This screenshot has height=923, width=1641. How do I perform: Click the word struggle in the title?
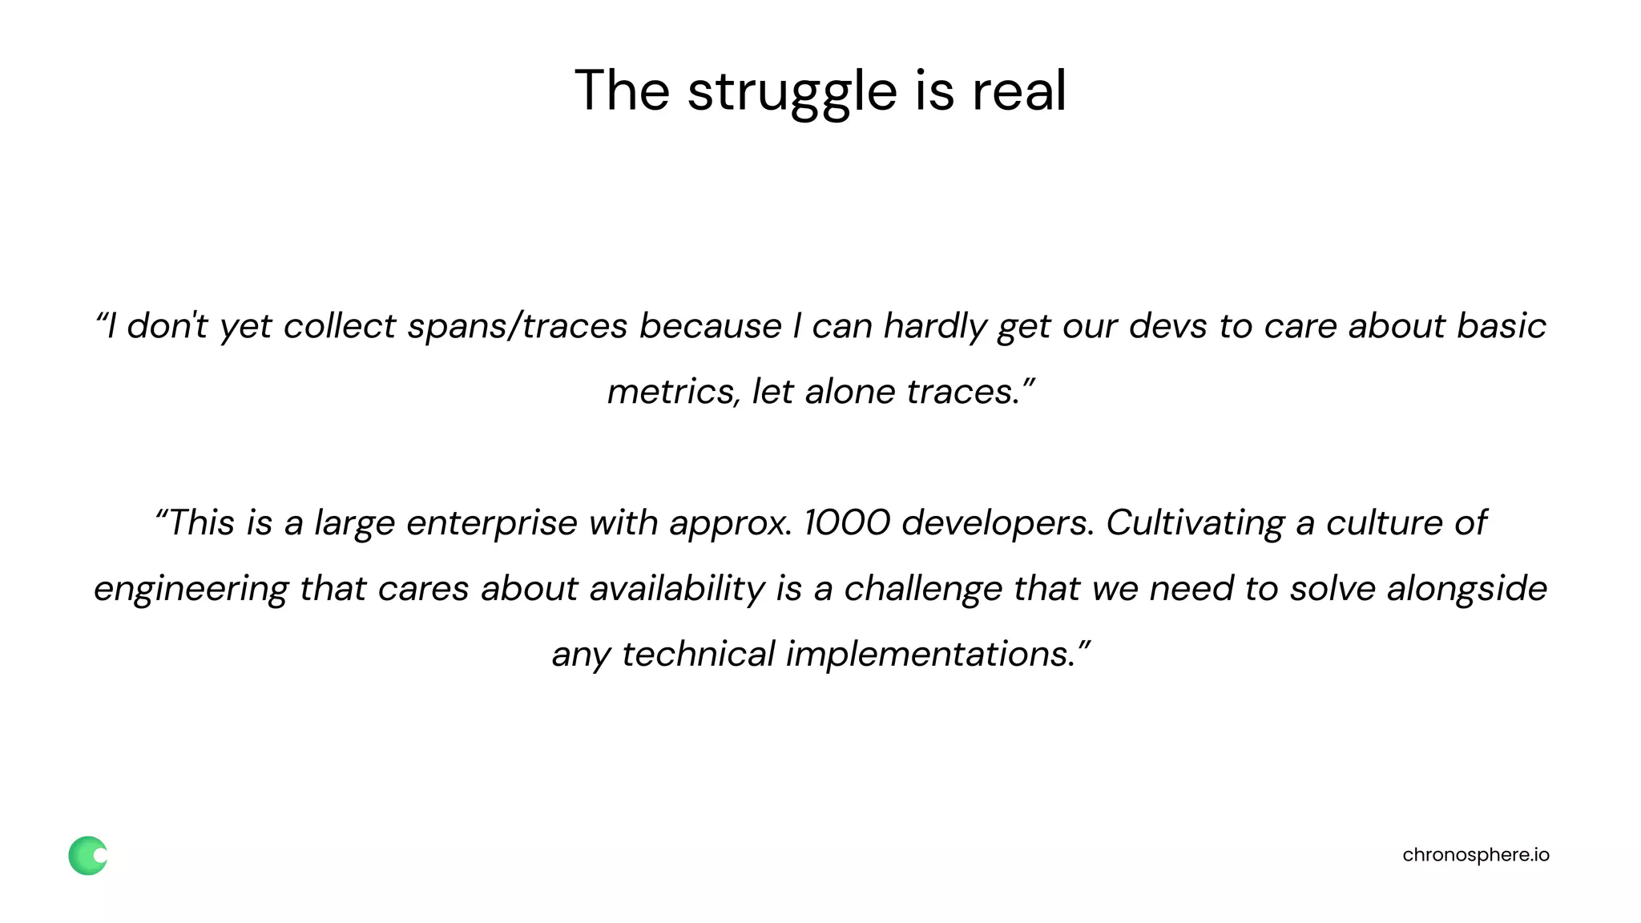coord(792,91)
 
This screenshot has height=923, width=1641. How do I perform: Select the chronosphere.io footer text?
coord(1476,855)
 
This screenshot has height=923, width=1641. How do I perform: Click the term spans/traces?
coord(518,326)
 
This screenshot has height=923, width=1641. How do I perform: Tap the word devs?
coord(1168,326)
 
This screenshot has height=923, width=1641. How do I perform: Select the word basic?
coord(1501,326)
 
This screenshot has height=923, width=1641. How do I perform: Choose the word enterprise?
coord(492,523)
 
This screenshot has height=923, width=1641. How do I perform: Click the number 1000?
coord(847,523)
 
